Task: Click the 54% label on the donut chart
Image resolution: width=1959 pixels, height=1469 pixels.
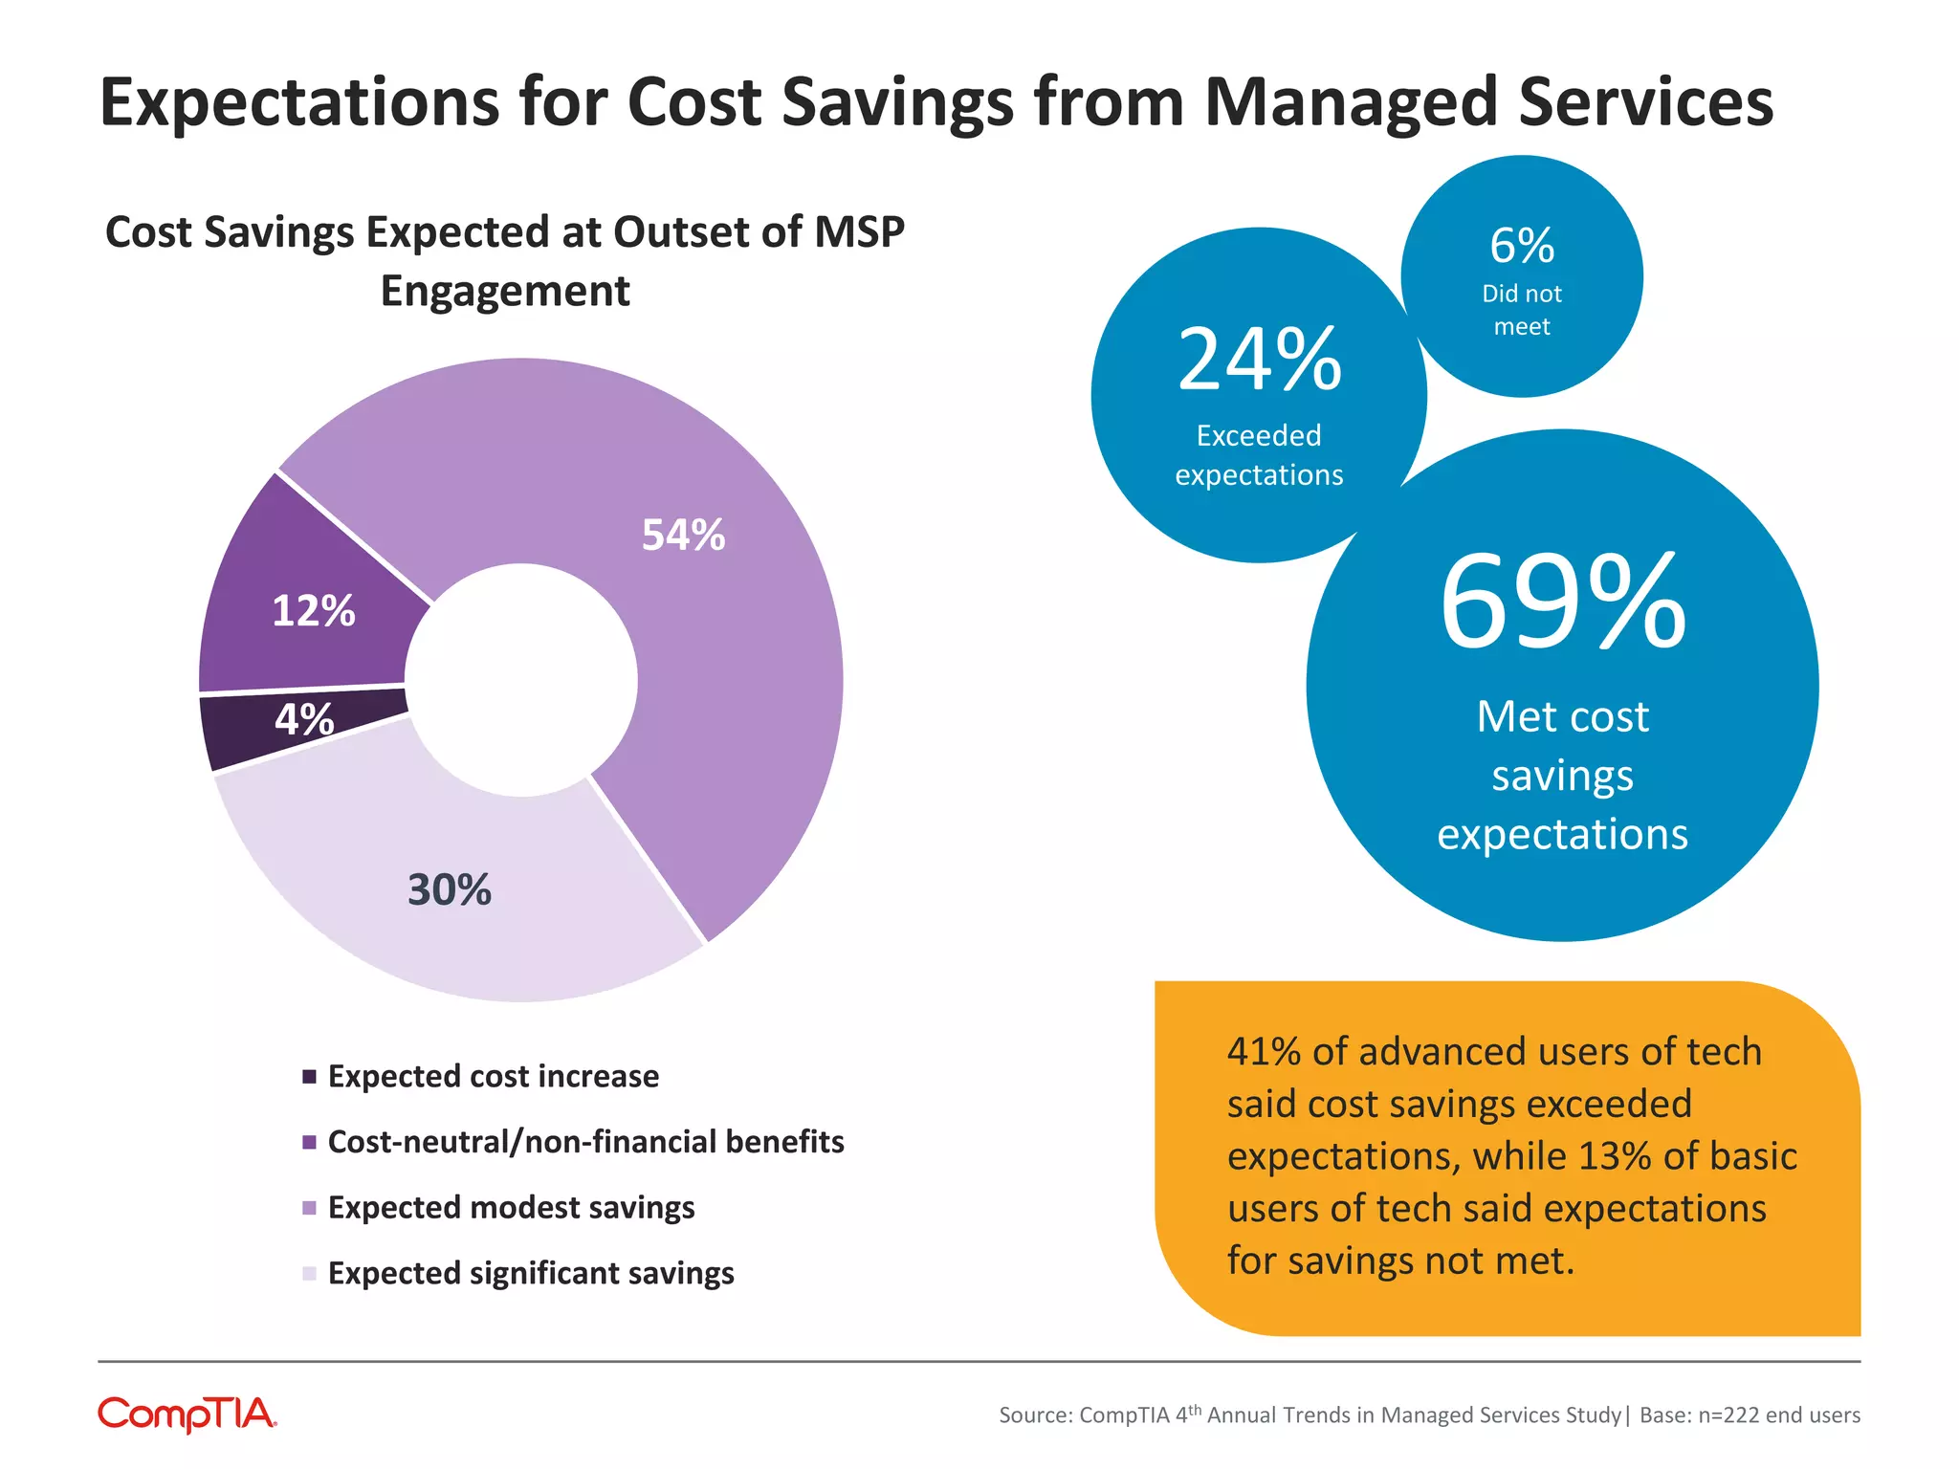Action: tap(683, 535)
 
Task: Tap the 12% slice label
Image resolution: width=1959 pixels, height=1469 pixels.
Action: tap(313, 611)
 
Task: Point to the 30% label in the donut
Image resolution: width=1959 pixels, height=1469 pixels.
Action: tap(449, 889)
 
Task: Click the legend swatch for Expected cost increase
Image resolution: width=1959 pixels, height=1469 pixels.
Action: tap(309, 1077)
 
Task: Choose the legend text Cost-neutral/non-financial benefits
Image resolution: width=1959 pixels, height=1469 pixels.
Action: tap(585, 1142)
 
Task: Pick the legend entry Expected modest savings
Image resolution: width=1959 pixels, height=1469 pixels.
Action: tap(511, 1207)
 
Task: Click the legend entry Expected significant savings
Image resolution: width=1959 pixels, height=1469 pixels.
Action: tap(531, 1273)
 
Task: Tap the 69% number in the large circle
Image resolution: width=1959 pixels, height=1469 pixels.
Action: tap(1562, 603)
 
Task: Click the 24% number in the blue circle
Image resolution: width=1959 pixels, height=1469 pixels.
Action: tap(1259, 360)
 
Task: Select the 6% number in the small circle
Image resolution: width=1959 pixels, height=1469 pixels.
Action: tap(1521, 246)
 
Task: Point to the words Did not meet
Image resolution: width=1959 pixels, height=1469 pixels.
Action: tap(1521, 310)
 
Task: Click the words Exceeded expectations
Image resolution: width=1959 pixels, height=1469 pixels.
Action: tap(1259, 455)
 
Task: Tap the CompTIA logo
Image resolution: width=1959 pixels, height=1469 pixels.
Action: tap(187, 1414)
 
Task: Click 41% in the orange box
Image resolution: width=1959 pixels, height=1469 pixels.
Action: tap(1263, 1052)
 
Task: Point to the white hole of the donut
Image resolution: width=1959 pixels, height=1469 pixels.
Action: tap(521, 679)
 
